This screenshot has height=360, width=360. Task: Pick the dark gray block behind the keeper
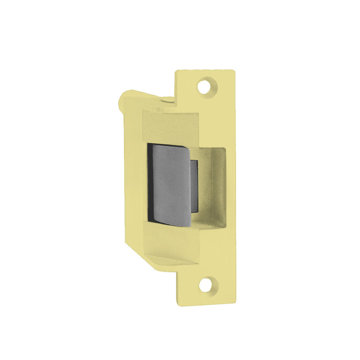(194, 185)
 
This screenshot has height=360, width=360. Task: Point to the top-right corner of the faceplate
(234, 71)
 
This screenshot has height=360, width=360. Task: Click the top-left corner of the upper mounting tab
(176, 72)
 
